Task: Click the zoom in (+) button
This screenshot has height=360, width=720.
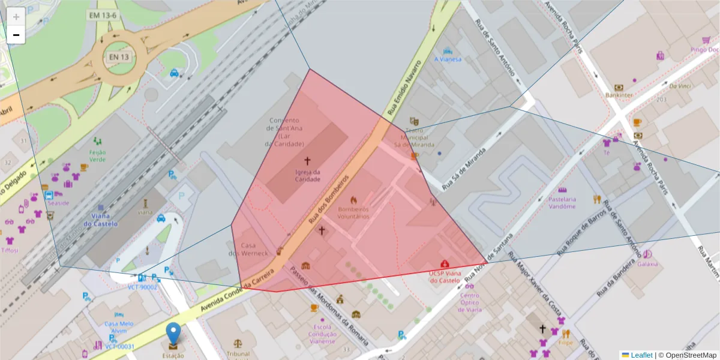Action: pos(16,17)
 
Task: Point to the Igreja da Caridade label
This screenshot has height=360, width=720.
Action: pos(307,175)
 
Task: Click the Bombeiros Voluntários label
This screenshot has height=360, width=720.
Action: pos(353,213)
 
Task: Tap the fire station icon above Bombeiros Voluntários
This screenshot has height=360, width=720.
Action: pos(353,200)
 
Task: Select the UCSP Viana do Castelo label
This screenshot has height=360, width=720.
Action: pos(445,277)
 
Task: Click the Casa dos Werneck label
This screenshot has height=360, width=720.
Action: pos(248,250)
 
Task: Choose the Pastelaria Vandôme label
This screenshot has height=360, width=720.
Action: pos(562,202)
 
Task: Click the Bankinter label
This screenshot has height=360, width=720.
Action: pos(619,95)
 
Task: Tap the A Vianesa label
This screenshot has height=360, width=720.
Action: pos(448,59)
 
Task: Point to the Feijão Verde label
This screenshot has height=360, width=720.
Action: pos(97,156)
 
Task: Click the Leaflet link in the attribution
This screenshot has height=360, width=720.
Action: pos(641,355)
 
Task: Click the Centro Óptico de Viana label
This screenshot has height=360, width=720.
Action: pos(470,302)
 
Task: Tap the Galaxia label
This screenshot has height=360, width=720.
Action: pos(647,263)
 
